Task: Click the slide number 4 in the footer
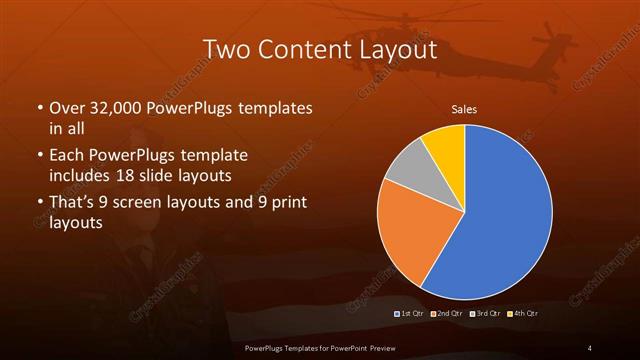pyautogui.click(x=590, y=347)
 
